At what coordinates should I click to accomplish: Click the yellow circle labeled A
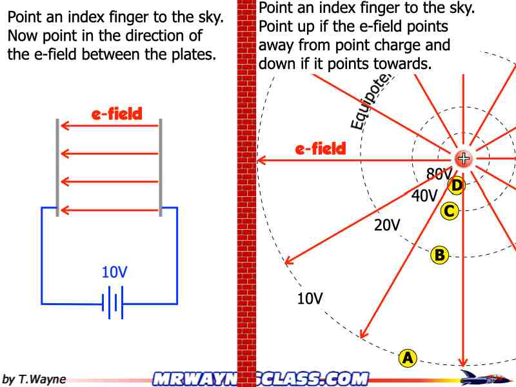pyautogui.click(x=408, y=357)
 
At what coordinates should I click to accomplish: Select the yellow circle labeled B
pyautogui.click(x=439, y=255)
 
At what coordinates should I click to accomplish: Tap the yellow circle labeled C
pyautogui.click(x=450, y=210)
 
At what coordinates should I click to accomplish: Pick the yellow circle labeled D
pyautogui.click(x=456, y=186)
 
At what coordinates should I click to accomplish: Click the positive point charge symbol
pyautogui.click(x=463, y=159)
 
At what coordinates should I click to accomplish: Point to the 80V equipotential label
pyautogui.click(x=438, y=174)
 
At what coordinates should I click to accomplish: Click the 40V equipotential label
pyautogui.click(x=424, y=196)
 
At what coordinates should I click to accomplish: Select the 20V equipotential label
pyautogui.click(x=387, y=225)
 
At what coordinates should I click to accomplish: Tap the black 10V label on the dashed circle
pyautogui.click(x=310, y=298)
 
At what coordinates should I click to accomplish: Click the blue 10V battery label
pyautogui.click(x=115, y=272)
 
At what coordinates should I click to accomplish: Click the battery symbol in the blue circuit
pyautogui.click(x=113, y=303)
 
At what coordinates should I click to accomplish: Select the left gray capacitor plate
pyautogui.click(x=57, y=167)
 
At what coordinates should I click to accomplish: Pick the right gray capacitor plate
pyautogui.click(x=160, y=167)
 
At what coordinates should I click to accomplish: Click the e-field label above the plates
pyautogui.click(x=117, y=115)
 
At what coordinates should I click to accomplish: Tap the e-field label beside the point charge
pyautogui.click(x=321, y=149)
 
